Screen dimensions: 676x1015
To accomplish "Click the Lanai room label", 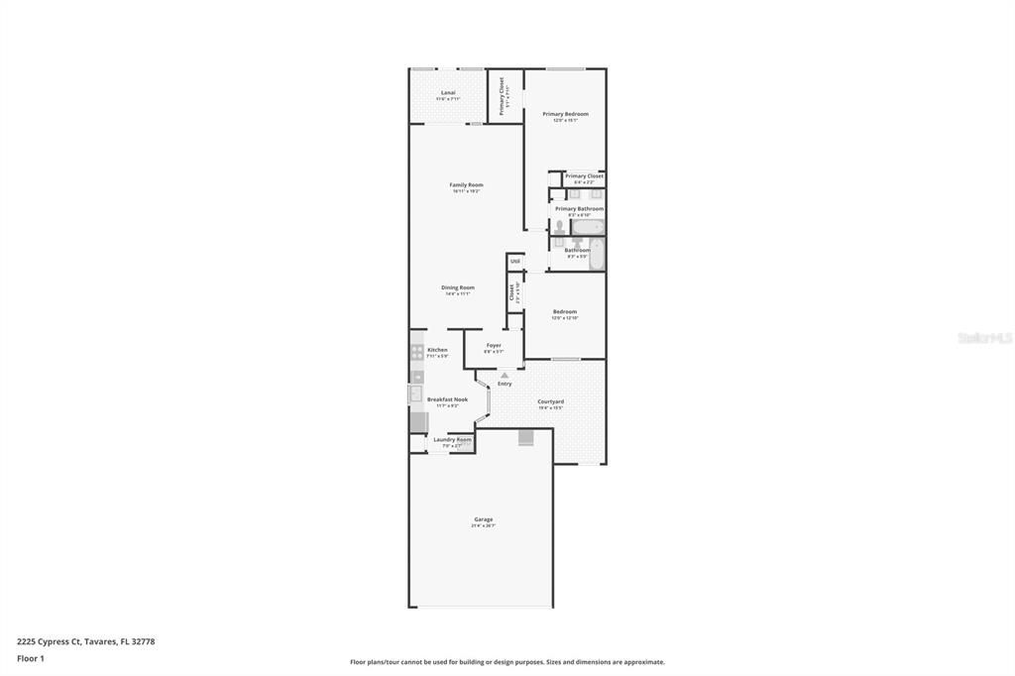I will [x=448, y=93].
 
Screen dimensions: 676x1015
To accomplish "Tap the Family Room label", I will [x=466, y=185].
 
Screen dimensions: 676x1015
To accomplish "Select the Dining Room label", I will [x=457, y=288].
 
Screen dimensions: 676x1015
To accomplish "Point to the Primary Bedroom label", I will [x=565, y=115].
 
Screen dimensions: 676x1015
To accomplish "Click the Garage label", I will [x=483, y=519].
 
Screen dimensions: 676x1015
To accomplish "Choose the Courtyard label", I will [x=550, y=402].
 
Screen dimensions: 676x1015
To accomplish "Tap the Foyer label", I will [x=493, y=346].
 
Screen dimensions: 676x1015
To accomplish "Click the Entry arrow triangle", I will [x=504, y=375].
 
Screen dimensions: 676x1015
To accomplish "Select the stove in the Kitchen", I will [x=417, y=351].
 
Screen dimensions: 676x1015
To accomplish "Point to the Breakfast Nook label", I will [x=447, y=399].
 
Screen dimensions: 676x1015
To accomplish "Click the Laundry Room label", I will [x=452, y=440].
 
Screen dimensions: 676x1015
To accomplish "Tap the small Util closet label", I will [x=515, y=262].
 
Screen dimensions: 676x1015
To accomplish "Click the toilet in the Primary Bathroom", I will [x=559, y=227].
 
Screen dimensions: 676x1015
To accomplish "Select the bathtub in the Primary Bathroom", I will [x=587, y=227].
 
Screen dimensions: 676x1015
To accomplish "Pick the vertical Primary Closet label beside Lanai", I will [x=503, y=96].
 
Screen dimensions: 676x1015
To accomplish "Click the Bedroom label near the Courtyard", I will [x=564, y=312].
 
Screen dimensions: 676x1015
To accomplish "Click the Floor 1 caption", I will [x=31, y=658].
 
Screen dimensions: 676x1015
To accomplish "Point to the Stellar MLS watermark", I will [x=984, y=338].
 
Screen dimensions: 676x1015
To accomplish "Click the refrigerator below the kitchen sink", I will [x=417, y=421].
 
